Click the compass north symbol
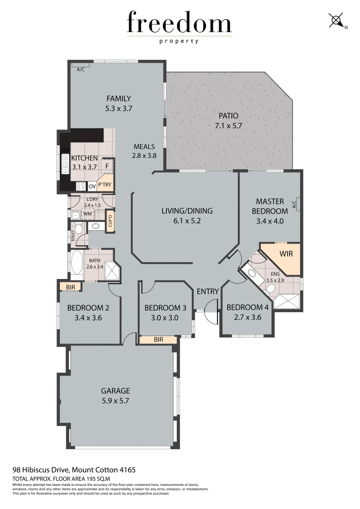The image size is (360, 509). point(336,21)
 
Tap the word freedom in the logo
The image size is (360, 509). point(180,23)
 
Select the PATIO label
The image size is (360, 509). point(229,116)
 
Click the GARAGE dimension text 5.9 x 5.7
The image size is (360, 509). point(115,401)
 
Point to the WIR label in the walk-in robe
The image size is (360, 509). point(286,254)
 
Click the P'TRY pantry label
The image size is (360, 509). point(105,185)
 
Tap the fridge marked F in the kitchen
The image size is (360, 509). point(107,166)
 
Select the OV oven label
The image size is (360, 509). point(92,186)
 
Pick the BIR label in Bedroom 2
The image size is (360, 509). point(71,286)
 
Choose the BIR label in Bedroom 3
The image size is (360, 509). point(158,339)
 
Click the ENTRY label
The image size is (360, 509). point(208,292)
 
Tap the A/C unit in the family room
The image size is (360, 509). point(81,69)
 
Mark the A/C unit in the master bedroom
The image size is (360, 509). point(295,204)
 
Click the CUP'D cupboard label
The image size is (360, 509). point(110,222)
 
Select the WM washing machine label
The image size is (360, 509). point(87,214)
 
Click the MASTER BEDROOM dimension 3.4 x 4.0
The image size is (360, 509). point(270,221)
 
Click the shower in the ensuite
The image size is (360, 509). point(287,300)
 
